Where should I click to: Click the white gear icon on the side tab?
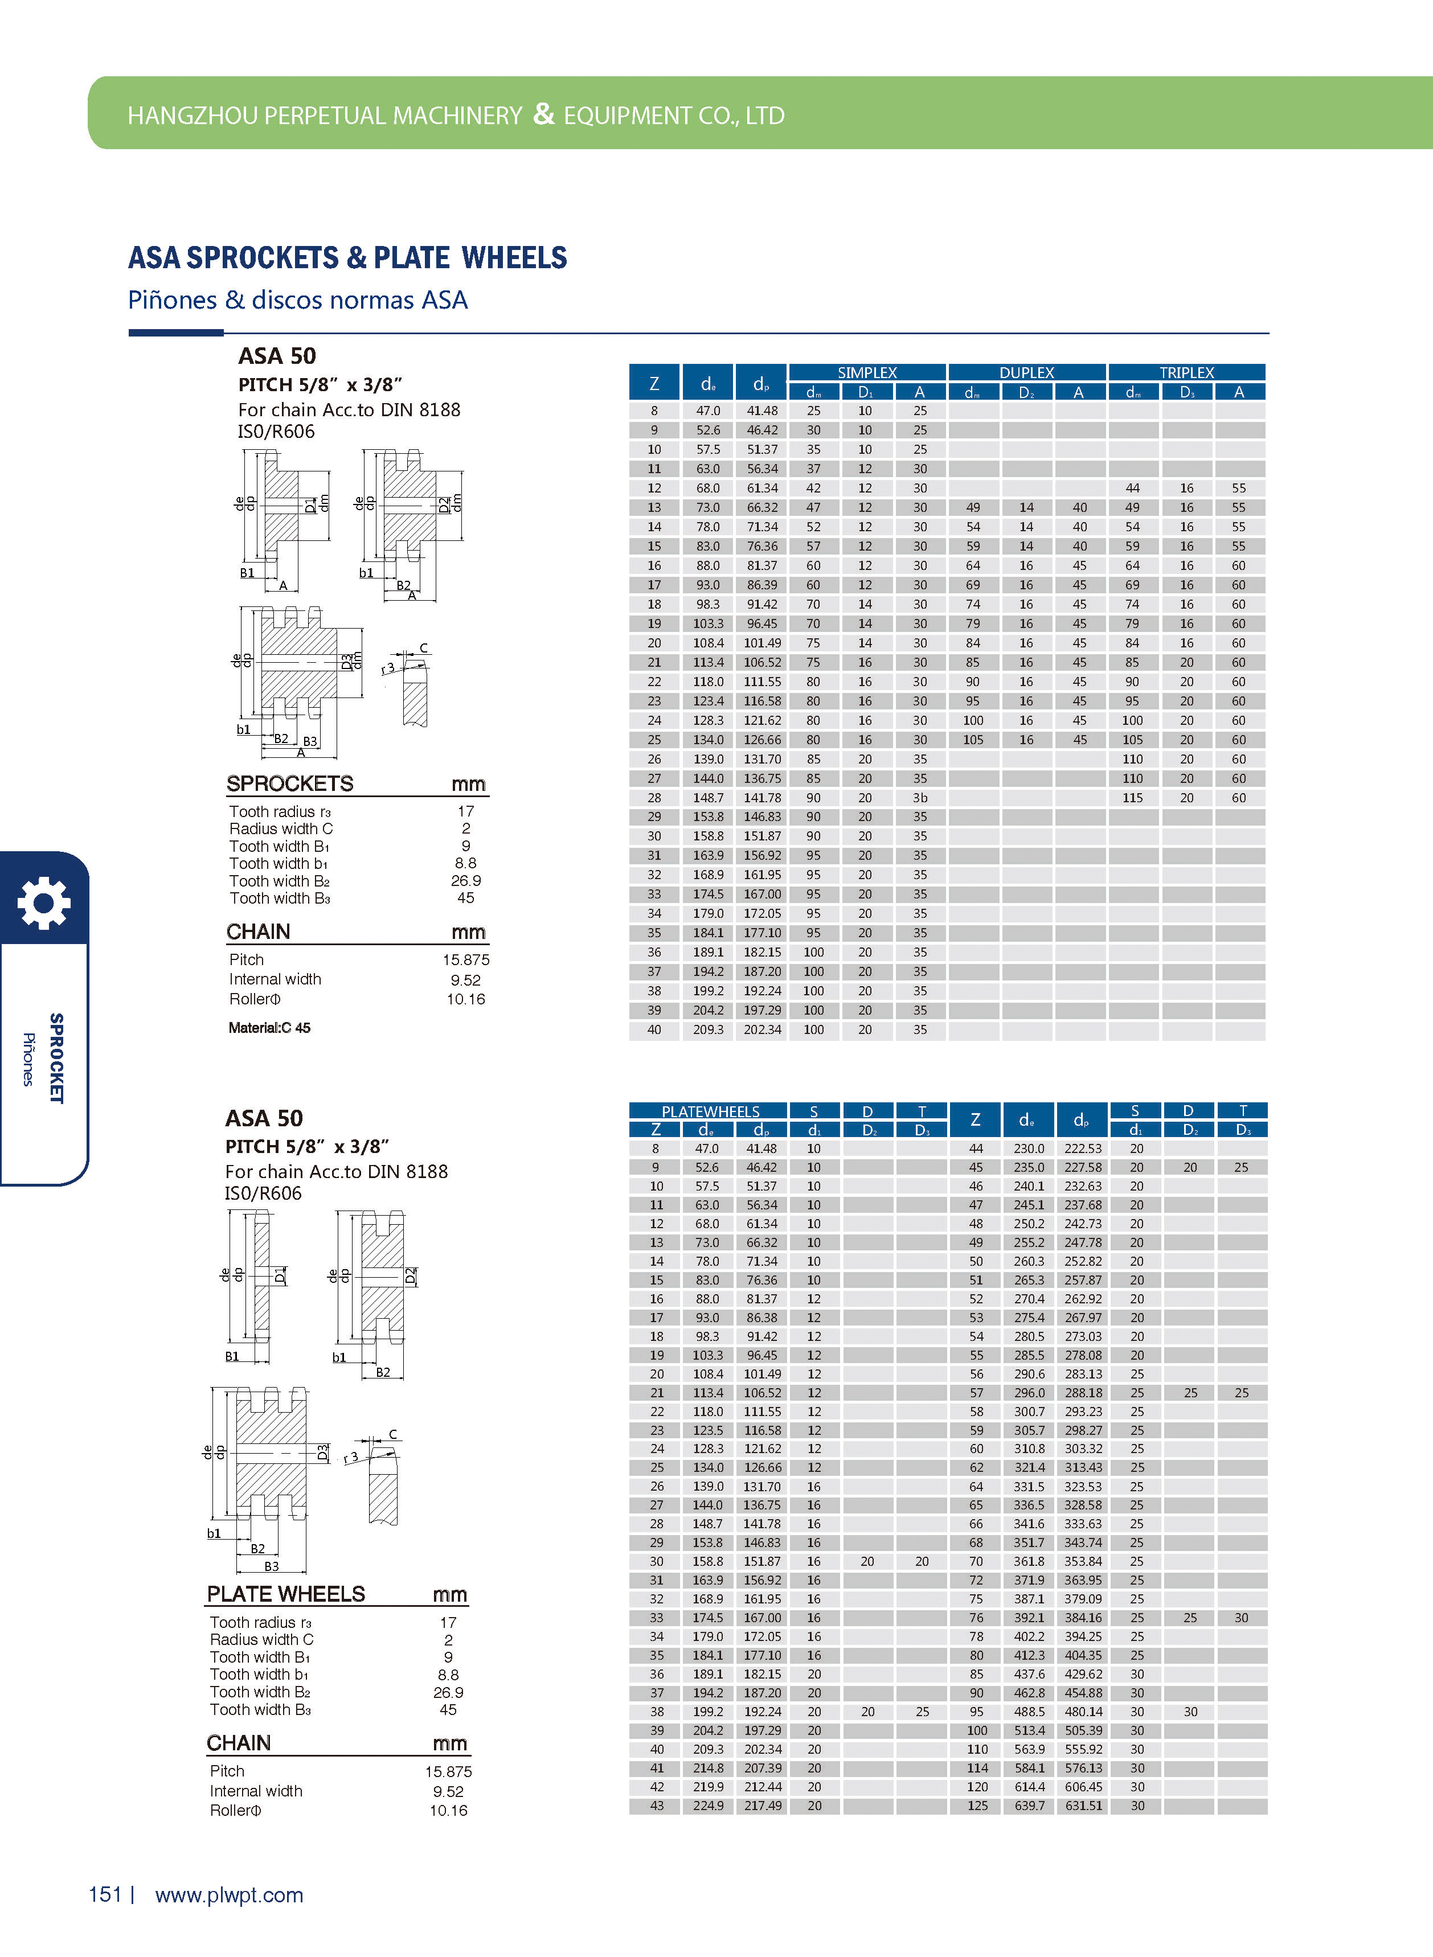[x=43, y=902]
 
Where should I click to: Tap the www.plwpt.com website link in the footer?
[x=229, y=1894]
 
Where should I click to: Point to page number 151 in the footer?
[x=105, y=1894]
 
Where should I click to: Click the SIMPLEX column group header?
[x=866, y=372]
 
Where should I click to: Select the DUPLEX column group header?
[x=1026, y=372]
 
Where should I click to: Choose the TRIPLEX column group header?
[x=1186, y=372]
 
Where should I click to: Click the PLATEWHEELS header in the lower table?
[x=710, y=1111]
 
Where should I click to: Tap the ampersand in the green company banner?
[x=543, y=113]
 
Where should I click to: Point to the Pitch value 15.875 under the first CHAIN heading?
[x=466, y=959]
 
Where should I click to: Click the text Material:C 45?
[x=269, y=1028]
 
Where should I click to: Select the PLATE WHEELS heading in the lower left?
[x=285, y=1594]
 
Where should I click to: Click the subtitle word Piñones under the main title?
[x=172, y=300]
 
